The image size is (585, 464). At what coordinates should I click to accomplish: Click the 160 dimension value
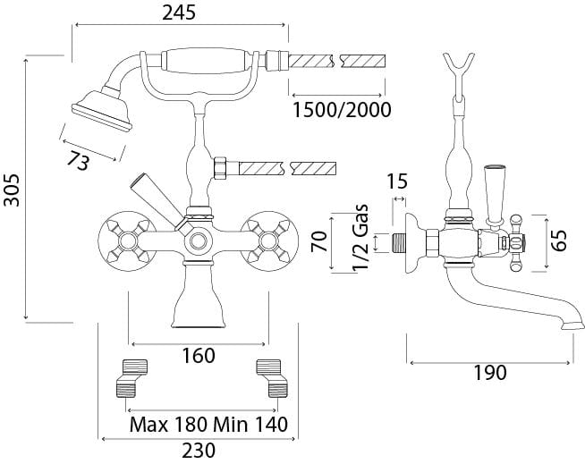coord(198,356)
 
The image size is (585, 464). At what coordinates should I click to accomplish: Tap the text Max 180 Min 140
coord(208,423)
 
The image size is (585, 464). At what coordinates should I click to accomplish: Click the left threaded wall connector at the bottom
coord(131,377)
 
